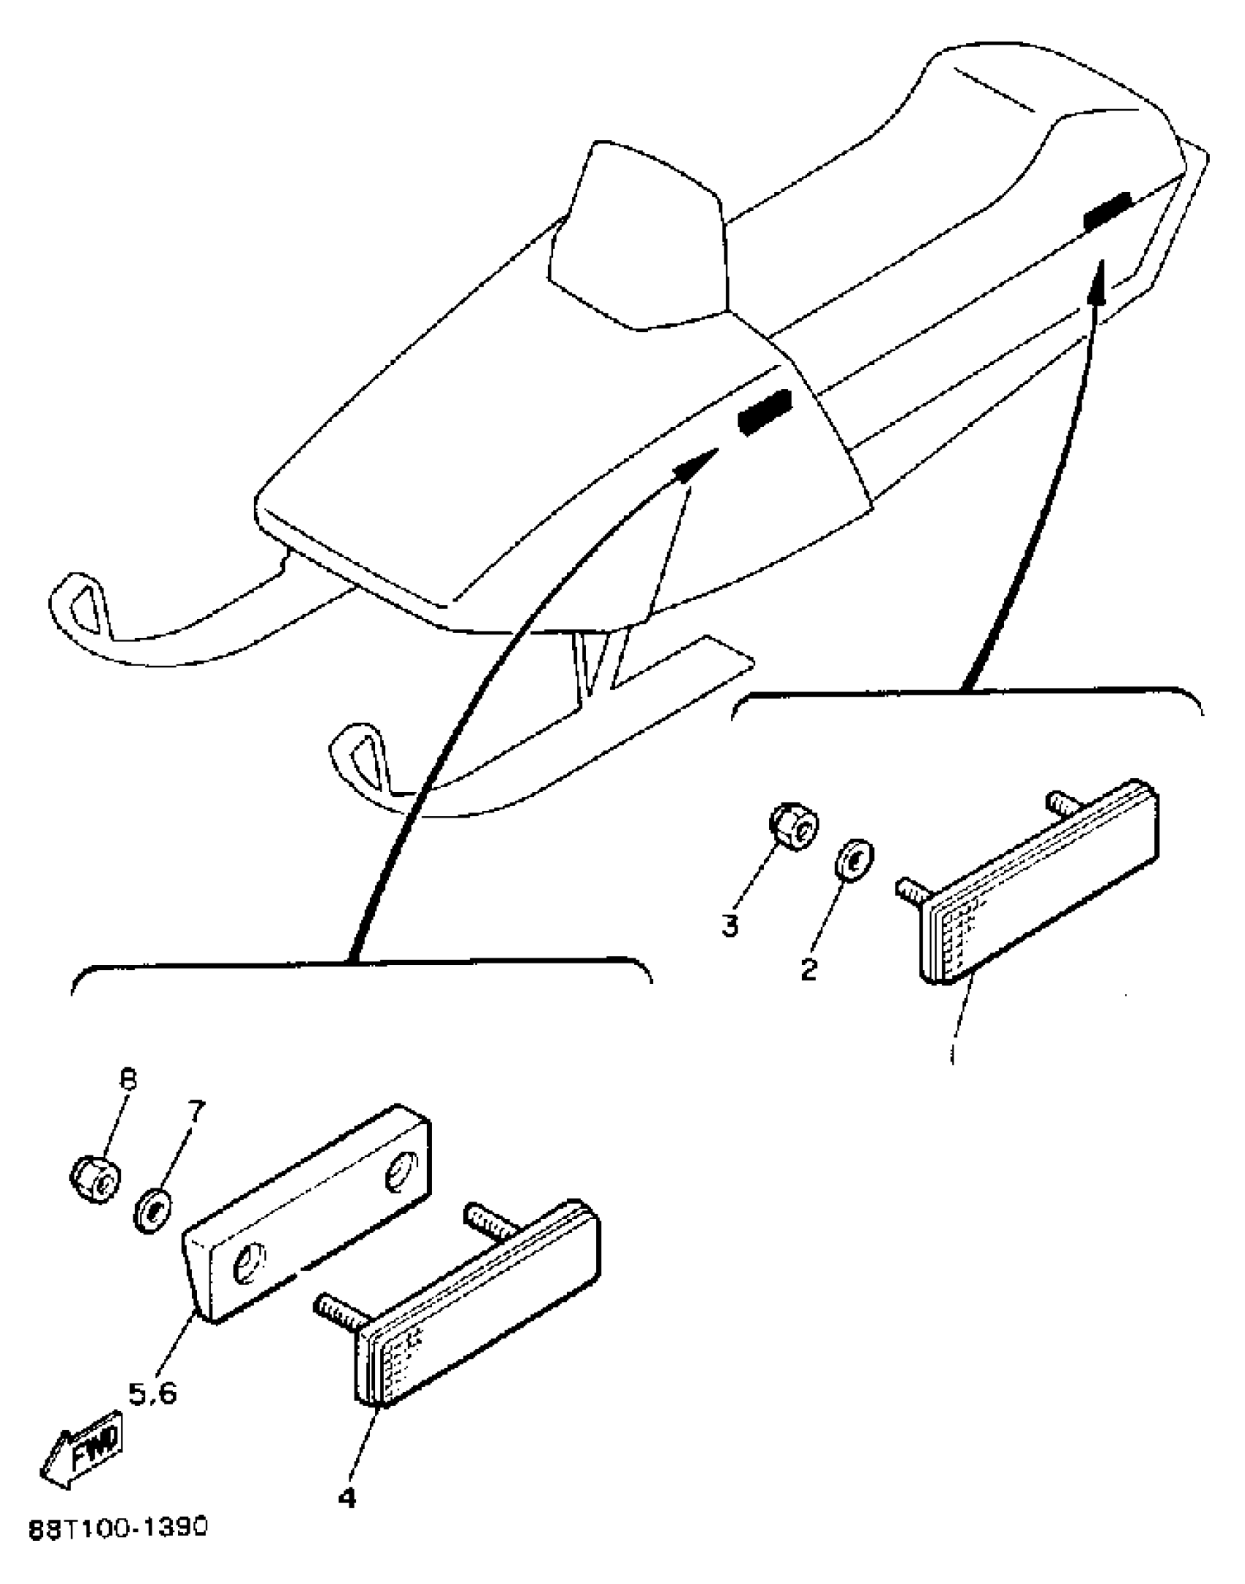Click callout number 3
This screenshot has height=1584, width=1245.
click(x=729, y=926)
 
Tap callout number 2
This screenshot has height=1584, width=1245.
click(x=809, y=969)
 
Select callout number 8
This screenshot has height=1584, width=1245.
click(x=128, y=1081)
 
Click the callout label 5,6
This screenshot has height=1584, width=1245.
click(x=153, y=1393)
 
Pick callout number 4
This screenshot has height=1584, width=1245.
click(x=347, y=1498)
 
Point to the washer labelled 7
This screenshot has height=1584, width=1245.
click(x=152, y=1210)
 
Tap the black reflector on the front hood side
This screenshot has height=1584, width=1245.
click(x=765, y=412)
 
